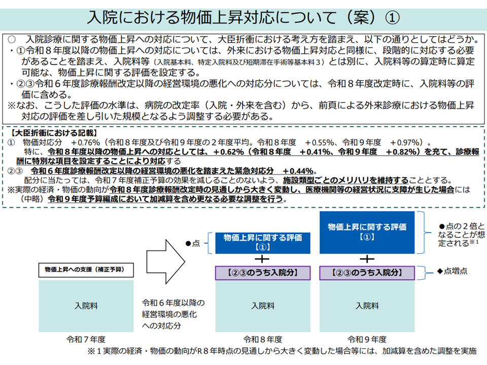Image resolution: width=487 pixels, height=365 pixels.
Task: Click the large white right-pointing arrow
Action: click(166, 262)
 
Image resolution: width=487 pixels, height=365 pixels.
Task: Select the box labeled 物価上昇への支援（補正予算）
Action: click(86, 270)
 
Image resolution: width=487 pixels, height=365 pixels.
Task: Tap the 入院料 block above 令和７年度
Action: click(86, 306)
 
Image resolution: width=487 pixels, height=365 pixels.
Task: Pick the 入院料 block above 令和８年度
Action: click(263, 306)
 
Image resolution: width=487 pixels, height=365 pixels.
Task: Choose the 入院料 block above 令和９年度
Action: click(367, 306)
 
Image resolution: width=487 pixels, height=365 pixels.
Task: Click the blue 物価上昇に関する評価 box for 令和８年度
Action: click(263, 243)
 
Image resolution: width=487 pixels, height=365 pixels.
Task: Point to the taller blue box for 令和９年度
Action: click(367, 233)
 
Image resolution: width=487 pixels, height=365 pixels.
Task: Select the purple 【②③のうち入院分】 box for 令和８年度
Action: click(263, 273)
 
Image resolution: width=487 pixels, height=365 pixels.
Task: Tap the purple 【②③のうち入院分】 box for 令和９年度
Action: click(367, 273)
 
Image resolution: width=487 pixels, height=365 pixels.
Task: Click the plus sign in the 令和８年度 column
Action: click(262, 259)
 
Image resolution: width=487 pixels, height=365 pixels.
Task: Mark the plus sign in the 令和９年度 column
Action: click(367, 259)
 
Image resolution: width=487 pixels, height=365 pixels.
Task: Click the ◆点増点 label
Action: click(452, 271)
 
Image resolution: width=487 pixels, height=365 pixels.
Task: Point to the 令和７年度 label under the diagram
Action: click(86, 340)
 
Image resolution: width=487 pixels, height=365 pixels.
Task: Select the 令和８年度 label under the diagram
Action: click(263, 340)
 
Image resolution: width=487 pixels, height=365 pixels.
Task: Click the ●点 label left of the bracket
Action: click(193, 243)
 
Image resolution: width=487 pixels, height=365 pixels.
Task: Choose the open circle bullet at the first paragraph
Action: click(12, 40)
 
